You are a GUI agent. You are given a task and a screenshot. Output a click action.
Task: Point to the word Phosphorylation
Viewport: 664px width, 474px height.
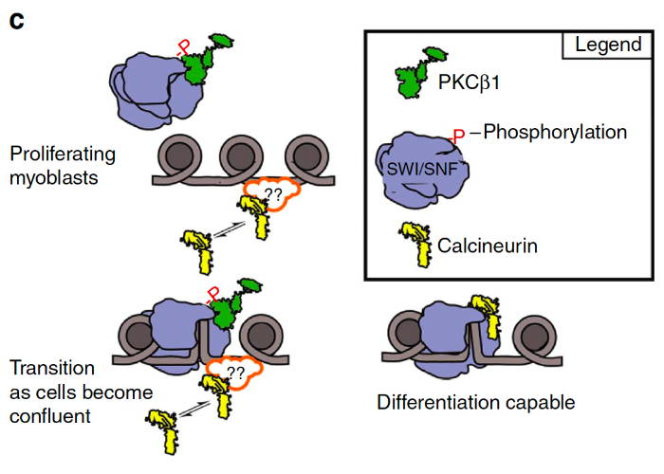click(555, 132)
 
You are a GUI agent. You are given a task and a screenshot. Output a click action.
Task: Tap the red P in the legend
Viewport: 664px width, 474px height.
click(459, 137)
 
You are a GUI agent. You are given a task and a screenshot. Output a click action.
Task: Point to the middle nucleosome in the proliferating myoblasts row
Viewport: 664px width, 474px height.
click(239, 159)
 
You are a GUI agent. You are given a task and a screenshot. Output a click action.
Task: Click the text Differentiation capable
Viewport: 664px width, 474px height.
click(475, 402)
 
